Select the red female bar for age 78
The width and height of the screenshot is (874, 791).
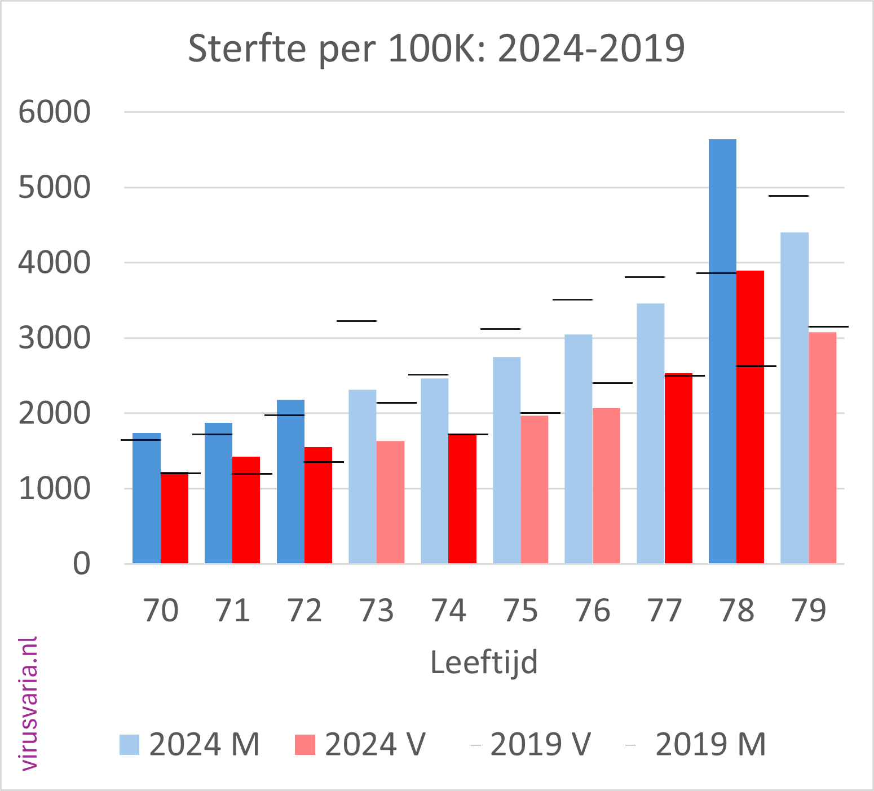[750, 417]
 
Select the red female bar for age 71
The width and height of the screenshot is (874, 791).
[246, 510]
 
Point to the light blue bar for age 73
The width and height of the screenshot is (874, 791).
[363, 476]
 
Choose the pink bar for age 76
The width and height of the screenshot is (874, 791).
[606, 485]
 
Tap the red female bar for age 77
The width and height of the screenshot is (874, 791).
[678, 468]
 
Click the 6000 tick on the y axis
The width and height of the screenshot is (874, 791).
[54, 112]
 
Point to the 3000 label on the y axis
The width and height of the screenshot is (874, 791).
[54, 338]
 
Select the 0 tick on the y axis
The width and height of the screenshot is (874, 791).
[81, 563]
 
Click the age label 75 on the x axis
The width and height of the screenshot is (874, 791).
[520, 610]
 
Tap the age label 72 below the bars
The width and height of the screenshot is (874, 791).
[304, 610]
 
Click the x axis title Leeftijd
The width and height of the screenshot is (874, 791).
[484, 662]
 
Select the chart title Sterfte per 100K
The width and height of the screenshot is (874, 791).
[436, 48]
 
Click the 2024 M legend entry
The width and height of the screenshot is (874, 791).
[189, 744]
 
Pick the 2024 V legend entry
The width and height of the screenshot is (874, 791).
[360, 744]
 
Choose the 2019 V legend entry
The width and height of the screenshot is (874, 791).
[531, 744]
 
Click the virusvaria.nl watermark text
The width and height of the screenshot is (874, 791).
[29, 703]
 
